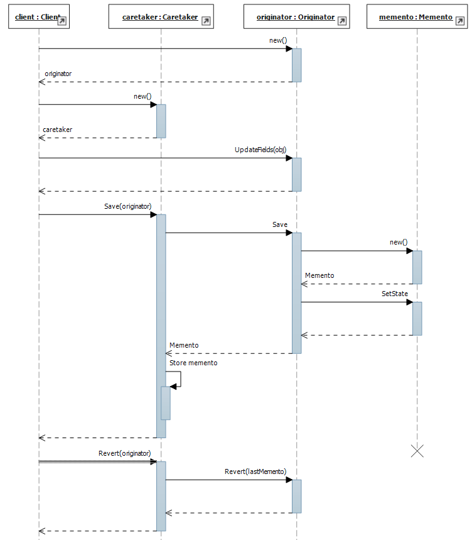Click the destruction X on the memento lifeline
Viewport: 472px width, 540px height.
click(x=417, y=450)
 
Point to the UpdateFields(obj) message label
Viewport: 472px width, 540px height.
click(x=260, y=150)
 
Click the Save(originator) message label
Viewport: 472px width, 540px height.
click(x=128, y=206)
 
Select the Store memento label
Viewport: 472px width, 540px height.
click(x=193, y=363)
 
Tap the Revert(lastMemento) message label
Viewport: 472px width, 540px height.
click(x=255, y=471)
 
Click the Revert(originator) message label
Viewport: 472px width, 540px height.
click(x=125, y=453)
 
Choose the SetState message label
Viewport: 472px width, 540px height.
click(x=395, y=294)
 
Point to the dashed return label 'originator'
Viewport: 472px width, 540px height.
click(x=58, y=74)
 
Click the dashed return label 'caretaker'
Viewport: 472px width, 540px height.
click(x=57, y=129)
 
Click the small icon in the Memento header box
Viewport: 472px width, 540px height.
click(x=461, y=21)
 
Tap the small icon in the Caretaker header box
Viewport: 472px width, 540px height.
click(x=206, y=21)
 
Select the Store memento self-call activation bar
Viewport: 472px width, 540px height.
click(x=166, y=403)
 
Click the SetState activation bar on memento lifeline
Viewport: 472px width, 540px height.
click(x=417, y=318)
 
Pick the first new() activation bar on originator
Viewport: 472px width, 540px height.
click(x=296, y=65)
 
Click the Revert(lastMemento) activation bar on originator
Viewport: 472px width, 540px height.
click(x=296, y=496)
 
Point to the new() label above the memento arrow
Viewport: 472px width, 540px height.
click(x=399, y=242)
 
